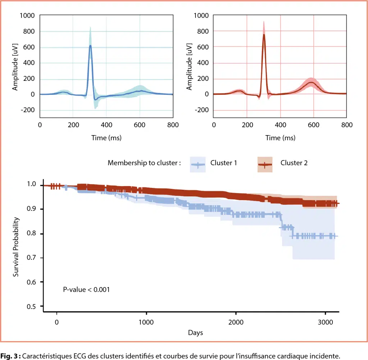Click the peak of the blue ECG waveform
(x=90, y=46)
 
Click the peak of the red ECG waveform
(x=264, y=35)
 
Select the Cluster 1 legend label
(x=223, y=163)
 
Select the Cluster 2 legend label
(x=294, y=163)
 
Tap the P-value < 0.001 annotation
(x=86, y=289)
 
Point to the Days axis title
(x=195, y=333)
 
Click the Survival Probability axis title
(x=16, y=246)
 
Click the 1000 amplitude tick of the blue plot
(x=27, y=15)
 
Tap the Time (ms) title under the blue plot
(x=106, y=138)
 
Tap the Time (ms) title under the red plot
(x=280, y=138)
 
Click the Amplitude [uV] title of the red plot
(x=189, y=67)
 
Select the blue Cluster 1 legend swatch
(x=194, y=165)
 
